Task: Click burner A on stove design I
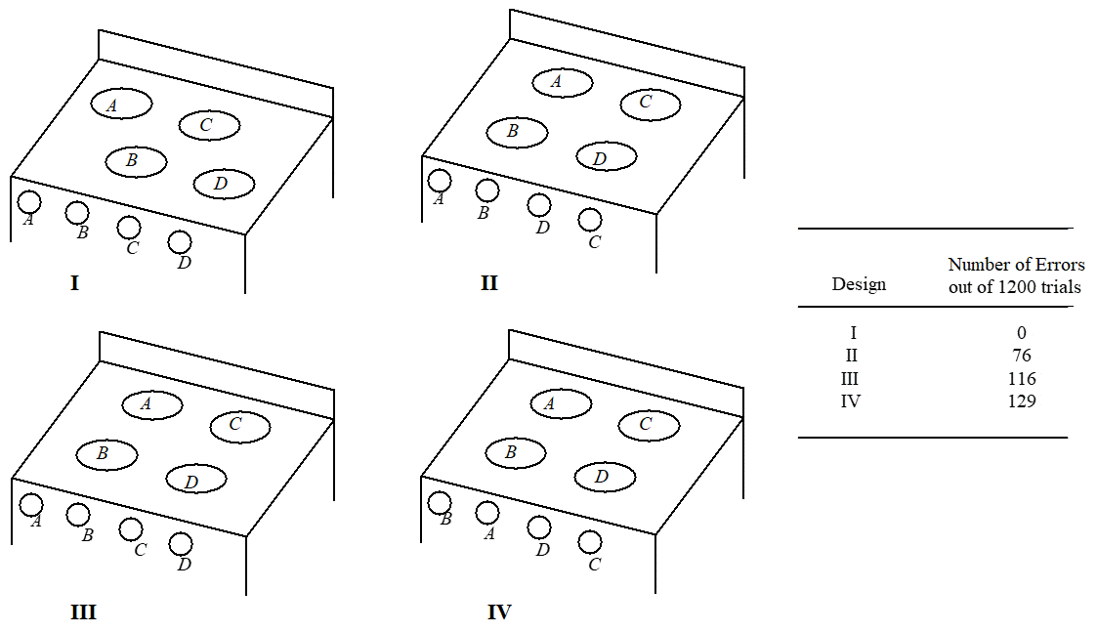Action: point(121,104)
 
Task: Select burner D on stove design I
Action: point(224,183)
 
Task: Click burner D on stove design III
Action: point(195,479)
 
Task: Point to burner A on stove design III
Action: point(151,402)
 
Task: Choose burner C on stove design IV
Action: point(649,424)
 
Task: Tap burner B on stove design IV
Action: point(515,452)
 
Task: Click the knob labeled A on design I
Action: point(29,201)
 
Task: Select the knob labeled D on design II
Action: point(538,205)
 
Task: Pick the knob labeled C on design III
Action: point(130,529)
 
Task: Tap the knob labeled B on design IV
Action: point(440,502)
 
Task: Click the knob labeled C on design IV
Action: point(589,541)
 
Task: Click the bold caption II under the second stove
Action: point(489,283)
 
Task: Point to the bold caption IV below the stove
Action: point(499,613)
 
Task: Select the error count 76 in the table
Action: point(1021,355)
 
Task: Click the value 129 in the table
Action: point(1021,400)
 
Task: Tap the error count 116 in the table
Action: point(1021,378)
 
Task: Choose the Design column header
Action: point(859,284)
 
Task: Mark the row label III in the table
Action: point(850,378)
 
